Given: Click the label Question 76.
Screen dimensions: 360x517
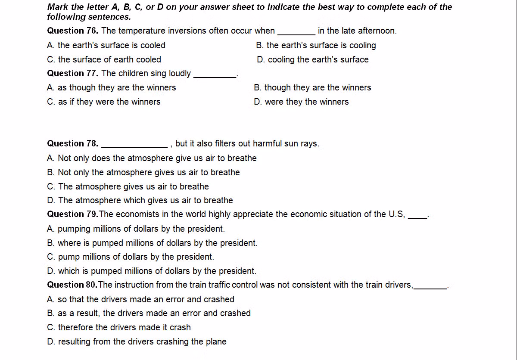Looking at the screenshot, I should coord(72,31).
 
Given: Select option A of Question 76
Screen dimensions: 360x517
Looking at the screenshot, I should coord(106,45).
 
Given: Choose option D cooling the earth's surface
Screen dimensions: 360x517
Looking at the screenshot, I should coord(312,59).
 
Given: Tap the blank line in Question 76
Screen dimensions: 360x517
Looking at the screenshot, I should coord(296,31).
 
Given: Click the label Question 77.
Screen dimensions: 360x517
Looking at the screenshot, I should coord(72,73).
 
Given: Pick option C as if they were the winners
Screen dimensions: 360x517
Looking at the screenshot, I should coord(103,102).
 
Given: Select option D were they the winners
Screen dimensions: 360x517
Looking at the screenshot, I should coord(301,102).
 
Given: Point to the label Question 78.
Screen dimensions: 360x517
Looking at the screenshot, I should coord(72,143).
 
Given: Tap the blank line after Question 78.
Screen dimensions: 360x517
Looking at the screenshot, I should coord(134,144).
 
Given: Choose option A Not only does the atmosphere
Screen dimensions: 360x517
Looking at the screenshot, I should coord(152,158).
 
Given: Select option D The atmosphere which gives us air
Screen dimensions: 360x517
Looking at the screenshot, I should coord(140,200).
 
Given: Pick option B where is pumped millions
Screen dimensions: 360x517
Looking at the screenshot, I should coord(152,243).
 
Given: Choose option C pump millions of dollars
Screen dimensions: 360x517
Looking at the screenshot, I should coord(130,257).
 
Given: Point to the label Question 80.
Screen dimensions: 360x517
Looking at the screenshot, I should coord(72,285).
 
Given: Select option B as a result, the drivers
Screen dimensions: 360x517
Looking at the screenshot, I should coord(149,313).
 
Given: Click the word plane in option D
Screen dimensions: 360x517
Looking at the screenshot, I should coord(216,341).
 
